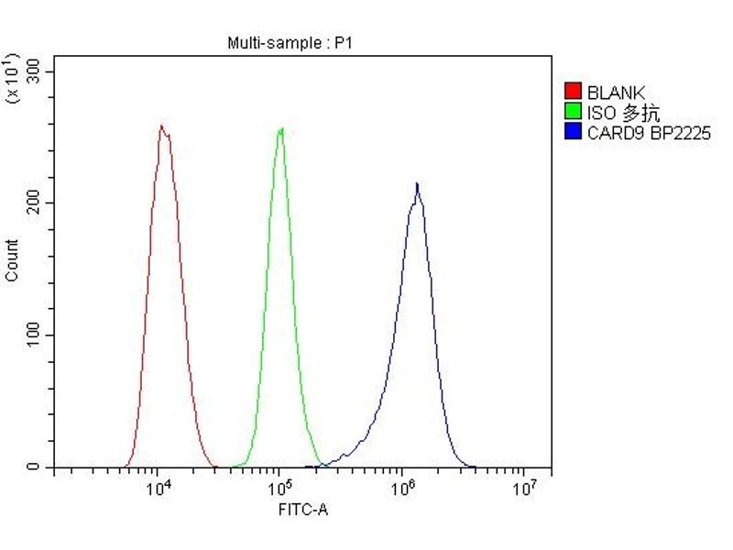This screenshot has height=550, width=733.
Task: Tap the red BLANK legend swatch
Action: [x=574, y=92]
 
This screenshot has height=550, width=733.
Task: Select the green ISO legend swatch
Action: [x=574, y=113]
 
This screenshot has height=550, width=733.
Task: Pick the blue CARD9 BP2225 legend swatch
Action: [x=574, y=133]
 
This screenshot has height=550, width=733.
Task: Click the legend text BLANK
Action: [x=616, y=92]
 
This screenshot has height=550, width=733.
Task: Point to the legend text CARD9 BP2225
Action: [x=648, y=133]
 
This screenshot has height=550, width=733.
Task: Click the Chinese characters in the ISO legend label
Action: [x=641, y=113]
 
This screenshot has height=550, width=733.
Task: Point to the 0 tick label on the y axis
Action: [x=34, y=467]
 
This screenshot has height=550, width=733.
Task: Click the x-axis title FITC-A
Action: [x=302, y=510]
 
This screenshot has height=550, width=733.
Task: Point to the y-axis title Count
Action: [x=13, y=260]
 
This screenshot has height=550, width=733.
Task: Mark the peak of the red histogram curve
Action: [x=161, y=126]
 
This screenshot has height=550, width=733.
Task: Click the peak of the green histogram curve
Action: [x=281, y=128]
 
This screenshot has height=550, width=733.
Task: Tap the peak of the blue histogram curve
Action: [x=417, y=183]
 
